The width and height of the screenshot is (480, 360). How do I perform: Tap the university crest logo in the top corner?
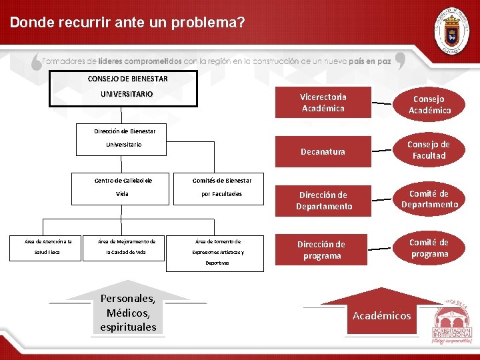451,30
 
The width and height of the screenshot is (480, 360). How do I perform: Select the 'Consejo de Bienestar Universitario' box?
127,87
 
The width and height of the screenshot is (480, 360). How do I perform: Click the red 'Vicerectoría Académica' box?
323,103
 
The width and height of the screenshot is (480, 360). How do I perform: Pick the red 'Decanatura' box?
323,151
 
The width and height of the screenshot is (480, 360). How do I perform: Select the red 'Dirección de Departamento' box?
323,201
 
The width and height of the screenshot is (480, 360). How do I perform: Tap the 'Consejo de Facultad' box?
429,150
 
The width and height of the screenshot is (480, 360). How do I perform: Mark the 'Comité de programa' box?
429,248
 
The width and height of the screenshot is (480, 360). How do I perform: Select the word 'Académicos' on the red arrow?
381,315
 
